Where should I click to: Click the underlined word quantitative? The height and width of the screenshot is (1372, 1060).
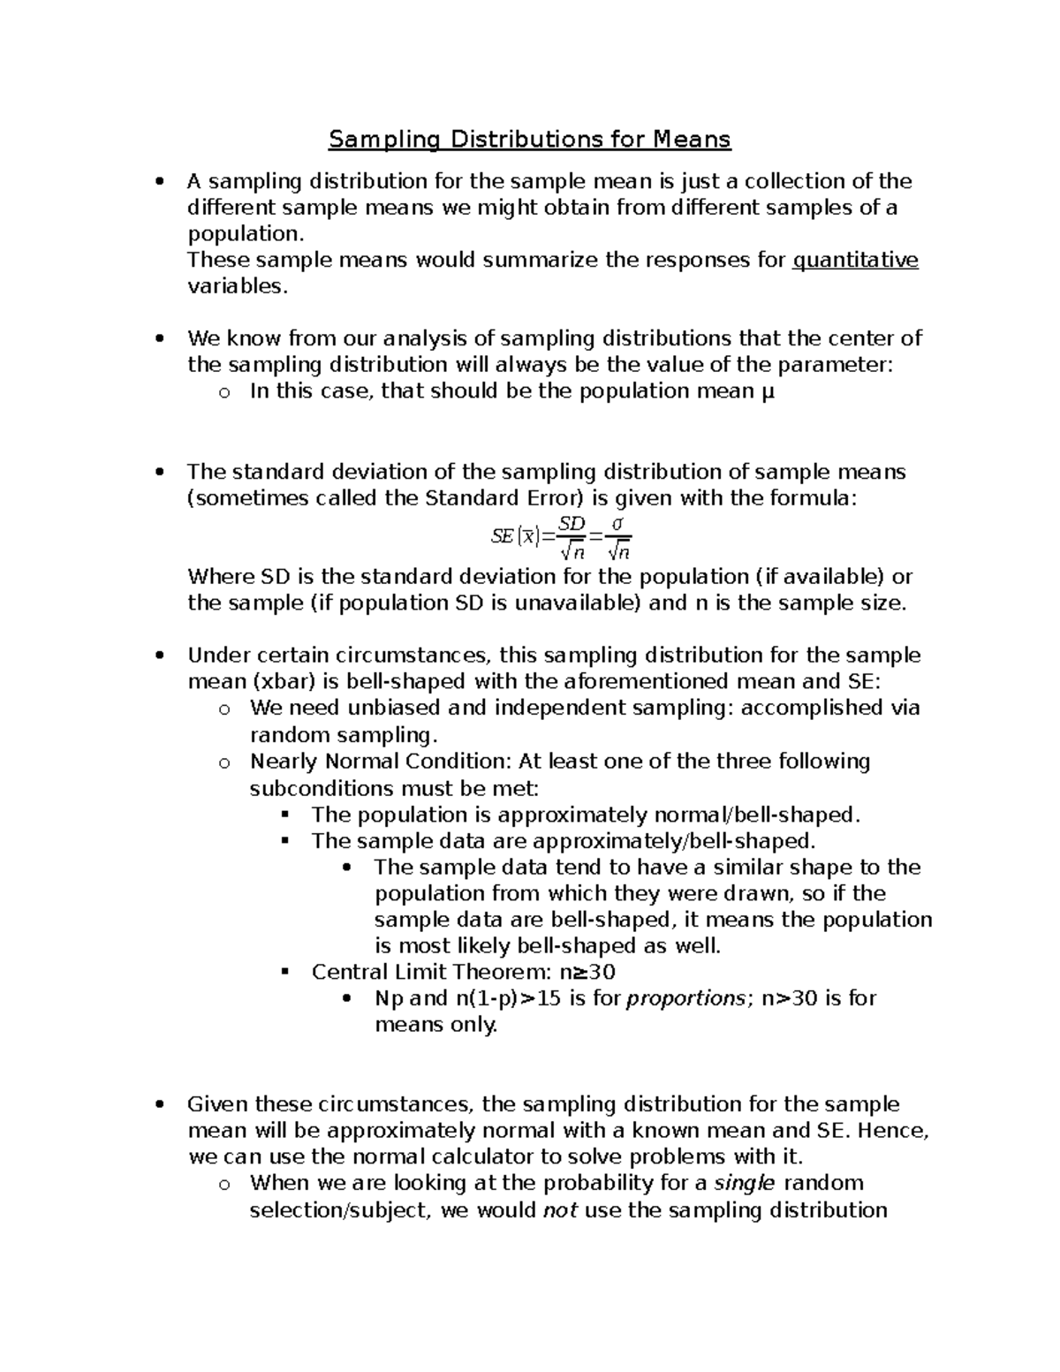(856, 261)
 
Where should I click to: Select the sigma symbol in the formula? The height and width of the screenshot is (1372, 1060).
(618, 525)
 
